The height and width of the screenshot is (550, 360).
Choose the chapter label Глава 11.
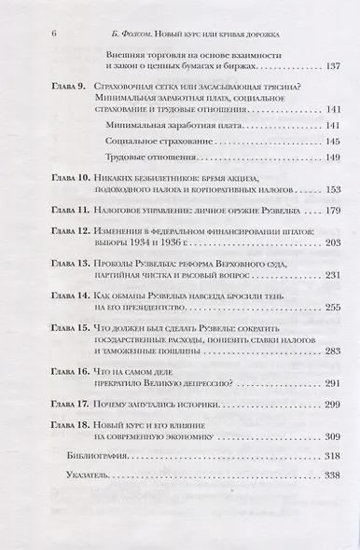[67, 212]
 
